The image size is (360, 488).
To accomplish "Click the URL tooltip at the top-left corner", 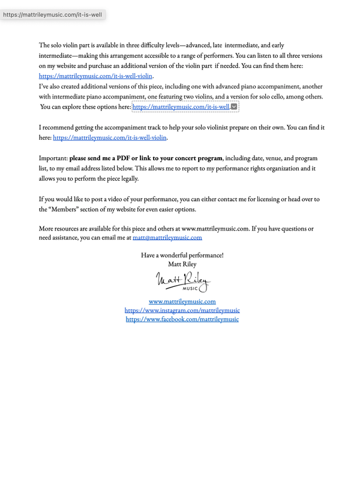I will pyautogui.click(x=53, y=13).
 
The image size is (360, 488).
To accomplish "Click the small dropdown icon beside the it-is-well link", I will pyautogui.click(x=235, y=107).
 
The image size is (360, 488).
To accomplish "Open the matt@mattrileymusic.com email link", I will pyautogui.click(x=167, y=238).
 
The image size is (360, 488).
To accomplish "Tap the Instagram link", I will pyautogui.click(x=182, y=310).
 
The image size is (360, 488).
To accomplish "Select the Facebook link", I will pyautogui.click(x=182, y=319).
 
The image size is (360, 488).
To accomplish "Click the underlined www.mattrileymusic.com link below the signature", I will pyautogui.click(x=182, y=301).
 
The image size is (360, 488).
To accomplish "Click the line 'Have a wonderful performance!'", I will pyautogui.click(x=182, y=255).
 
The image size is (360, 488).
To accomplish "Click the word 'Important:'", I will pyautogui.click(x=53, y=158).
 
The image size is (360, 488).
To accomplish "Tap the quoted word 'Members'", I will pyautogui.click(x=62, y=209).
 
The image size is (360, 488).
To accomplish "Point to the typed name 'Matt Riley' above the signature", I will pyautogui.click(x=182, y=264).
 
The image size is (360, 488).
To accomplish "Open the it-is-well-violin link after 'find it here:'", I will pyautogui.click(x=110, y=137).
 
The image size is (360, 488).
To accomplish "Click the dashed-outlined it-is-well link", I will pyautogui.click(x=181, y=107).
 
